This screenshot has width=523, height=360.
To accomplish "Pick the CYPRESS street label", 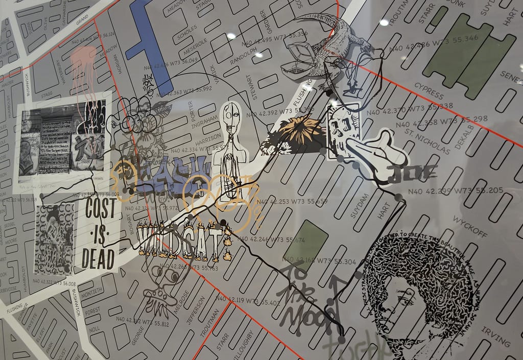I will (429, 90).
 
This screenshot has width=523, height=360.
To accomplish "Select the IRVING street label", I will (495, 335).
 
